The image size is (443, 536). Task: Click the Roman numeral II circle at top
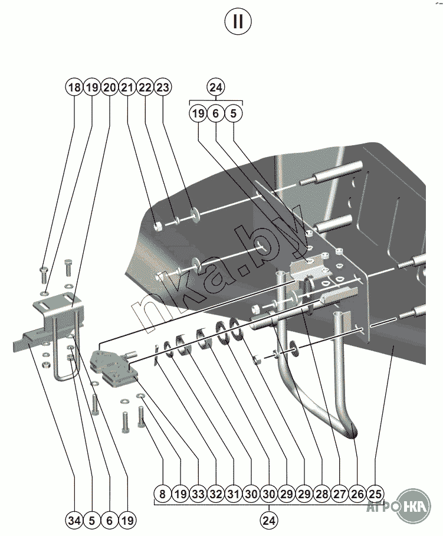pos(238,21)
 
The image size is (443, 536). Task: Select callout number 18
pos(74,87)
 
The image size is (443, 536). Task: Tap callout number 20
pos(110,87)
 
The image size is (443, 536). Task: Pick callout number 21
pos(127,87)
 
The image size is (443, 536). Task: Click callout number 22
pos(145,87)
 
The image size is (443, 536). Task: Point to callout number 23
pos(163,87)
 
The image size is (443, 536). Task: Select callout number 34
pos(74,521)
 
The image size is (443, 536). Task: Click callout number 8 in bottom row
pos(163,494)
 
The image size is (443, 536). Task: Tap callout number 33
pos(198,494)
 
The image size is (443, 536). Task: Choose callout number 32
pos(216,494)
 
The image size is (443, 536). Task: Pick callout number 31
pos(234,494)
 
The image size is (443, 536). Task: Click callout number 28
pos(322,494)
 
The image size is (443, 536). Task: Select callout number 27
pos(340,494)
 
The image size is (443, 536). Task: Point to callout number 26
pos(357,494)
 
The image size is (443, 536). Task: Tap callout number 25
pos(375,494)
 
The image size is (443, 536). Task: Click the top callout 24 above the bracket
pos(216,87)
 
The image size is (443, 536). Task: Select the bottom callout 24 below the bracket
pos(269,521)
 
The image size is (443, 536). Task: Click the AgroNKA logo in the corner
pos(399,506)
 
